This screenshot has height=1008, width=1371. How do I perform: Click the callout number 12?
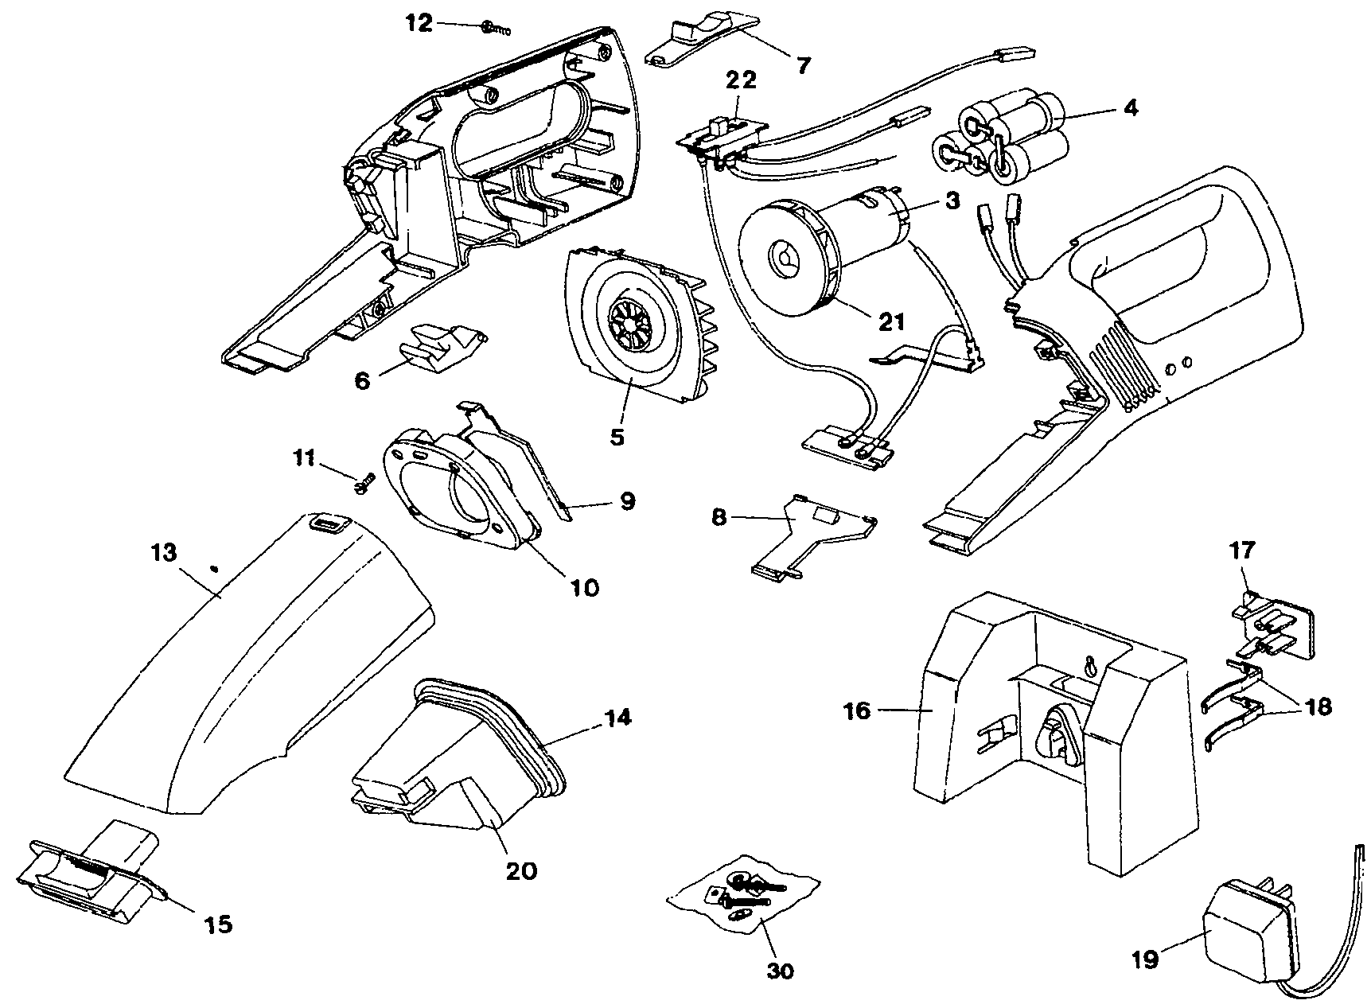pyautogui.click(x=418, y=24)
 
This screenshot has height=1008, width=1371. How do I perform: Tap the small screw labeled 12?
pyautogui.click(x=494, y=29)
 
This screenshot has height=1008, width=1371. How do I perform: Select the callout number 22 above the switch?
pyautogui.click(x=740, y=80)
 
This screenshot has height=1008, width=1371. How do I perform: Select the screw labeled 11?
pyautogui.click(x=366, y=481)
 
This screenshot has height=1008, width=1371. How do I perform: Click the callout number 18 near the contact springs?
pyautogui.click(x=1319, y=706)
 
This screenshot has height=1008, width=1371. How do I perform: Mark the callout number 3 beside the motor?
pyautogui.click(x=952, y=201)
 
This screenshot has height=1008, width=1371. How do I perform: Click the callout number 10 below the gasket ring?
pyautogui.click(x=583, y=587)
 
